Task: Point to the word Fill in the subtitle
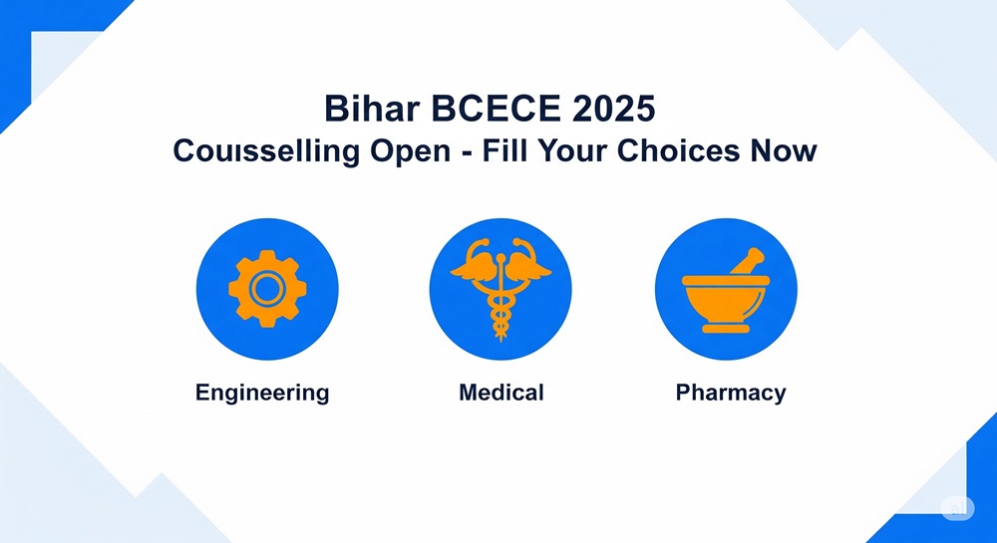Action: pos(499,151)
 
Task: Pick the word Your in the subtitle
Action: pos(569,151)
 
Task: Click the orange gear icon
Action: pos(267,289)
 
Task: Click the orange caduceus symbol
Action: pos(500,289)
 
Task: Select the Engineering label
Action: pos(262,394)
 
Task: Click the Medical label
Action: pos(501,392)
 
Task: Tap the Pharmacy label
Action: pos(731,394)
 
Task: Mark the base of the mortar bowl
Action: pos(726,328)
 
